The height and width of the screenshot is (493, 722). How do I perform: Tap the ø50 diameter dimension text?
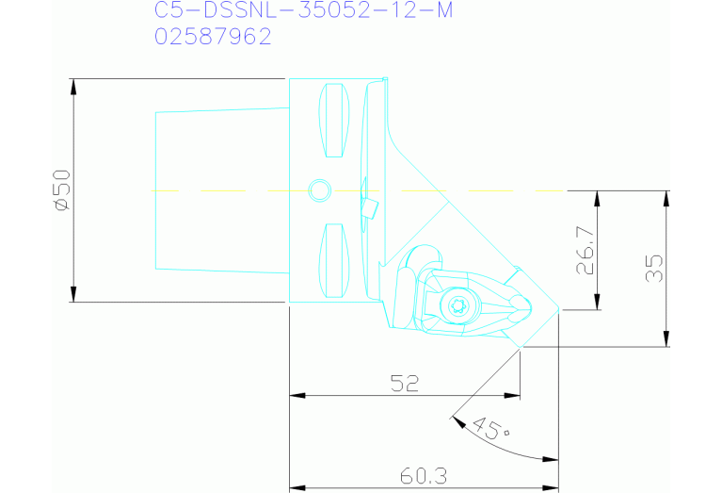pos(61,190)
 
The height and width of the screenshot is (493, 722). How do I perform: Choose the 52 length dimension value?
pos(404,383)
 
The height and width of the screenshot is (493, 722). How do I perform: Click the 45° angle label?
pos(489,429)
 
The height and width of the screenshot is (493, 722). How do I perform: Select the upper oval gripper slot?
pos(335,121)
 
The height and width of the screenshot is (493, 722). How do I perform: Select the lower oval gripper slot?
pos(335,260)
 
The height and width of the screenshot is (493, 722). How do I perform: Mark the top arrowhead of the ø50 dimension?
pos(73,86)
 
